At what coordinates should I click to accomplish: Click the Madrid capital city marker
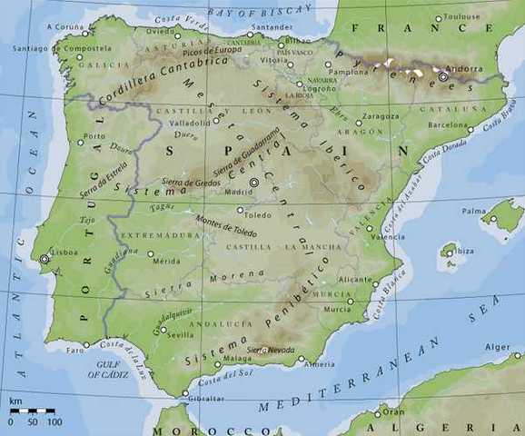coord(254,183)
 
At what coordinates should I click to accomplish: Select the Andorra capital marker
coord(443,77)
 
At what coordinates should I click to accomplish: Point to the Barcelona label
coord(447,124)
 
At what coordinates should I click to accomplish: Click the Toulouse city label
coord(462,16)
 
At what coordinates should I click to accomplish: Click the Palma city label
coord(473,211)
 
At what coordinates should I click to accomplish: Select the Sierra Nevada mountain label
coord(269,349)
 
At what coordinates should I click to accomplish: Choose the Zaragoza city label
coord(381,116)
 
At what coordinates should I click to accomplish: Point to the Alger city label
coord(498,346)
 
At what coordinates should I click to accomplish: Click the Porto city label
coord(94,136)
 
